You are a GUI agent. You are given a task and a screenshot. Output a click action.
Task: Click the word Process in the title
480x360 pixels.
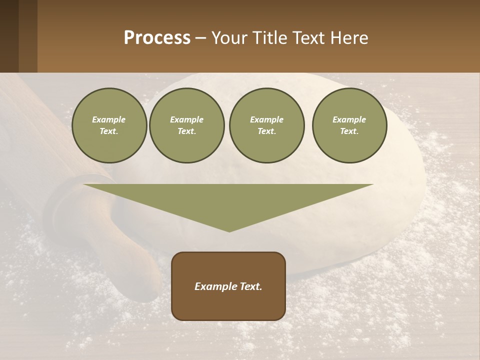click(157, 38)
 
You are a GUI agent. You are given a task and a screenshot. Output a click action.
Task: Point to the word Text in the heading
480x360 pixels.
click(309, 38)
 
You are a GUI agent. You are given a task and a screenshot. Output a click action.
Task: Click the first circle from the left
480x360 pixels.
click(109, 125)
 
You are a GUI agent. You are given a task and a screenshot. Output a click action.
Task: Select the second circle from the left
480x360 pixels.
click(186, 125)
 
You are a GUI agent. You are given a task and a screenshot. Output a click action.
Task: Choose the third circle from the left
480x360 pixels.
click(266, 125)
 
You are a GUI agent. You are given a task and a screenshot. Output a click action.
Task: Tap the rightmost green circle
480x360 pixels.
click(349, 125)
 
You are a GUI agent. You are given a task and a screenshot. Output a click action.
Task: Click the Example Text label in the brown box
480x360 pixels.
click(228, 286)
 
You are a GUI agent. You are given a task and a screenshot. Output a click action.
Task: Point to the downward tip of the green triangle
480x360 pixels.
click(229, 230)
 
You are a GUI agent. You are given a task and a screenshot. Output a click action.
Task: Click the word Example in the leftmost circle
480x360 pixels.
click(109, 119)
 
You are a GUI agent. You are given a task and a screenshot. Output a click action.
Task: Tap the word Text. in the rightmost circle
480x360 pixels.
click(349, 131)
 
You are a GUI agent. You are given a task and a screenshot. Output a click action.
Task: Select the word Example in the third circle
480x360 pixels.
click(266, 119)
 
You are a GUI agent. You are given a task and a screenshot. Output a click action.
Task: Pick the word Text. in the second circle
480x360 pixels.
click(186, 131)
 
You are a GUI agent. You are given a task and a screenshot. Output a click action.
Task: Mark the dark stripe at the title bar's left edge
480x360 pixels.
click(9, 36)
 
